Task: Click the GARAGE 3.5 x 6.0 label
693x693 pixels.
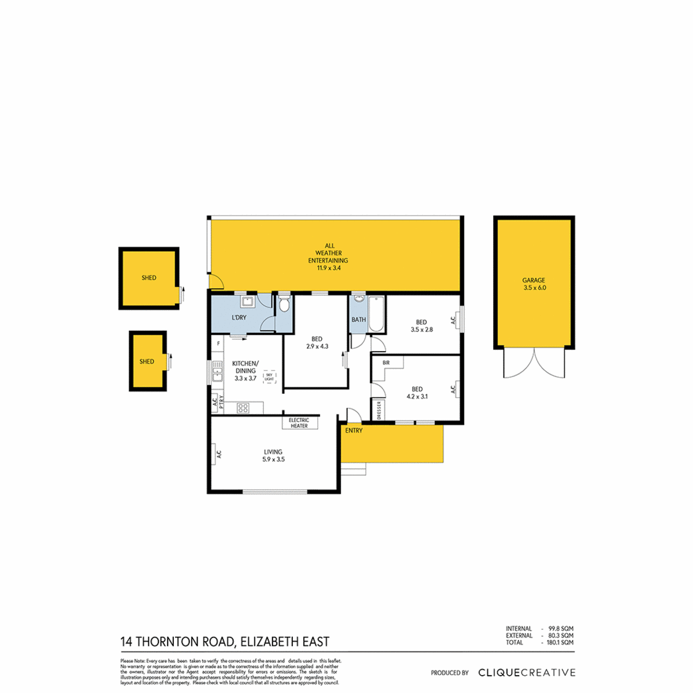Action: (x=534, y=284)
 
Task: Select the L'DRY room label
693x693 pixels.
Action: (x=239, y=318)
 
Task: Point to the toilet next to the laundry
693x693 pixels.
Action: (x=284, y=304)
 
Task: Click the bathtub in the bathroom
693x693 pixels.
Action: (x=376, y=314)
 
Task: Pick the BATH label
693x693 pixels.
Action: (x=359, y=319)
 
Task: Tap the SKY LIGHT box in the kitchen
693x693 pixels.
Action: (x=269, y=377)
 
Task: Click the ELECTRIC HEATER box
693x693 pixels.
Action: (x=299, y=423)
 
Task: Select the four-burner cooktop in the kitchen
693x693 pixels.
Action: (x=243, y=408)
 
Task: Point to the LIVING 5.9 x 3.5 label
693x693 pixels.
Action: (x=273, y=456)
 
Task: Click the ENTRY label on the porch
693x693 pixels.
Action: (x=353, y=431)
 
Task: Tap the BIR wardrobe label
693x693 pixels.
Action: (x=386, y=363)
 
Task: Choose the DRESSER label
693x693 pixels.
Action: (x=379, y=411)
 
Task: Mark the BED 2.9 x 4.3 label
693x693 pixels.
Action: (x=316, y=343)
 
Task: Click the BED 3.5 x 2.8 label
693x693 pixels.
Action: (x=421, y=326)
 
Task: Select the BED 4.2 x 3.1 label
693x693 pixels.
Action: (x=416, y=393)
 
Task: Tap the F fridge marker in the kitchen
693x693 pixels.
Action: (x=218, y=344)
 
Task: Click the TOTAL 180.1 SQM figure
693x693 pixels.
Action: (x=539, y=642)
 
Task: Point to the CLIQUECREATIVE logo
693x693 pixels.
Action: (x=527, y=672)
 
